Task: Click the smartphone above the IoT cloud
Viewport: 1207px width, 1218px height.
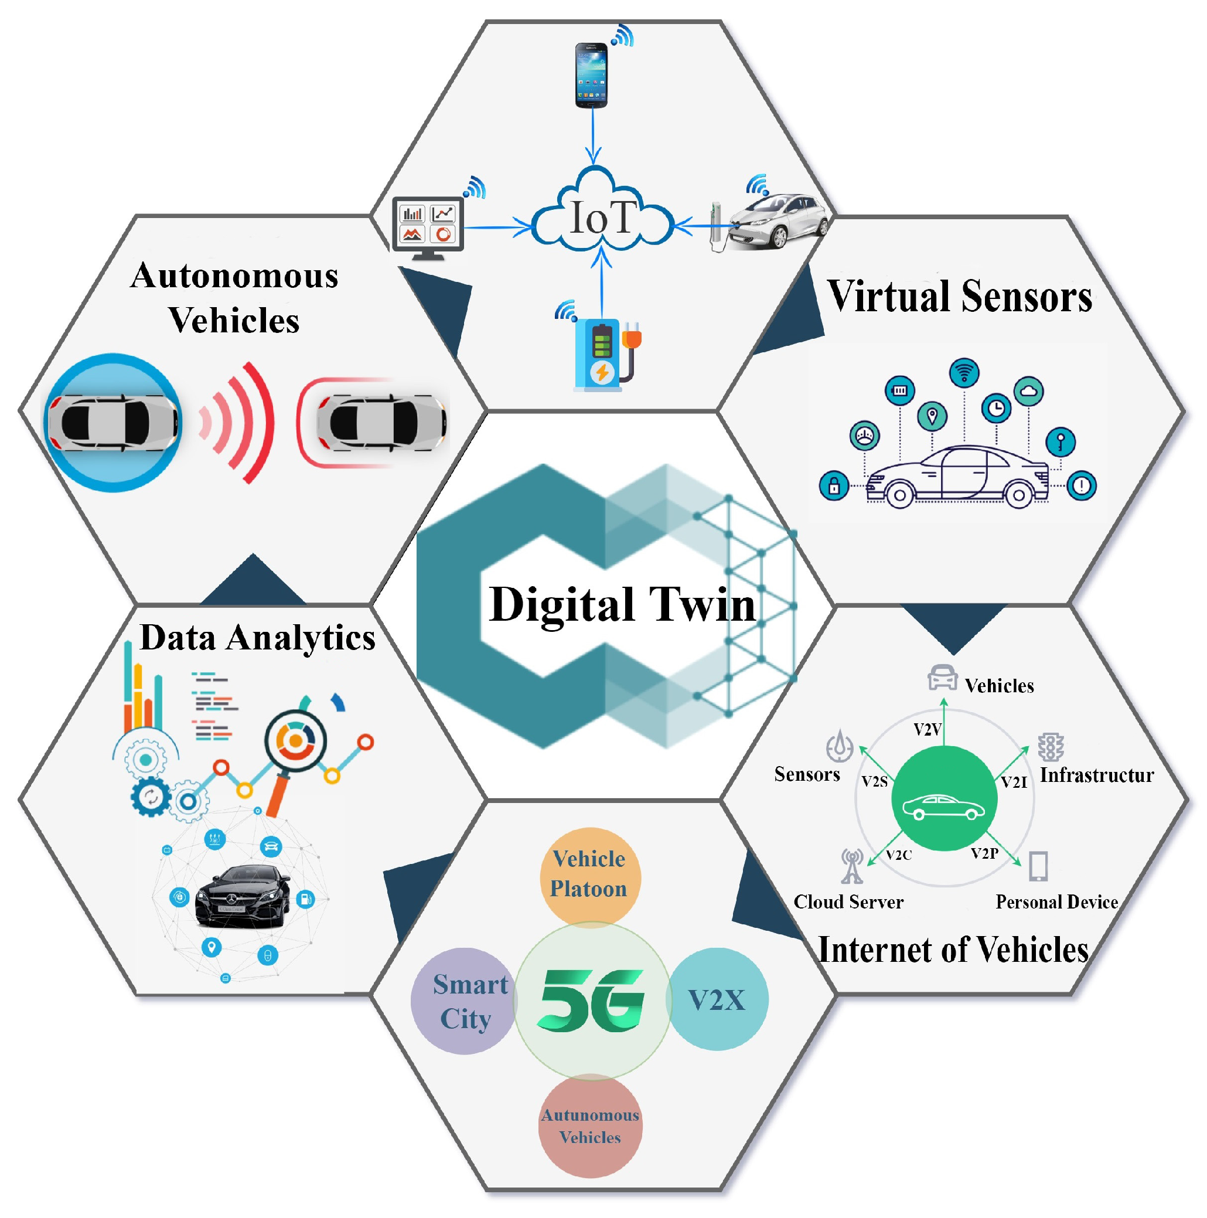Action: pyautogui.click(x=591, y=75)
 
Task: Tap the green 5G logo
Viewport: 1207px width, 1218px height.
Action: pyautogui.click(x=591, y=1001)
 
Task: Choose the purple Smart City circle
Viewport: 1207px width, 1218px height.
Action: pyautogui.click(x=465, y=1001)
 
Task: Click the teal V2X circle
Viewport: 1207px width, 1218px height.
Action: pyautogui.click(x=717, y=1000)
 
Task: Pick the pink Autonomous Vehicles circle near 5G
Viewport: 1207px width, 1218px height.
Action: pyautogui.click(x=590, y=1126)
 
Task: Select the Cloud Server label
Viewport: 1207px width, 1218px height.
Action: pyautogui.click(x=848, y=902)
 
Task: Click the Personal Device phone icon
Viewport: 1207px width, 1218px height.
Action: pyautogui.click(x=1038, y=866)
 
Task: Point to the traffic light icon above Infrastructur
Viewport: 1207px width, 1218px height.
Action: pyautogui.click(x=1051, y=747)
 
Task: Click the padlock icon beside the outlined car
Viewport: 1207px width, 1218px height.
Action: pyautogui.click(x=834, y=486)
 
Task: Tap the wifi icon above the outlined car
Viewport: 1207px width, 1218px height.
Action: pyautogui.click(x=964, y=373)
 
